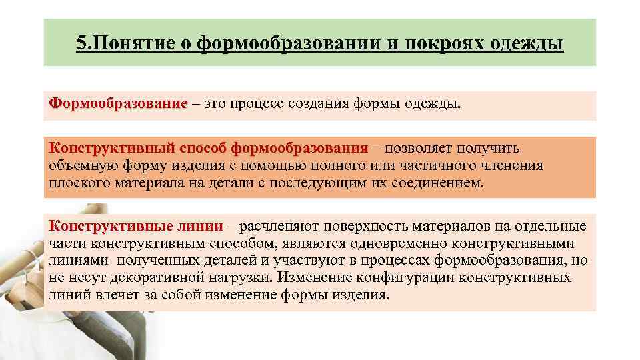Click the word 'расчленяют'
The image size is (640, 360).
tap(274, 225)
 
